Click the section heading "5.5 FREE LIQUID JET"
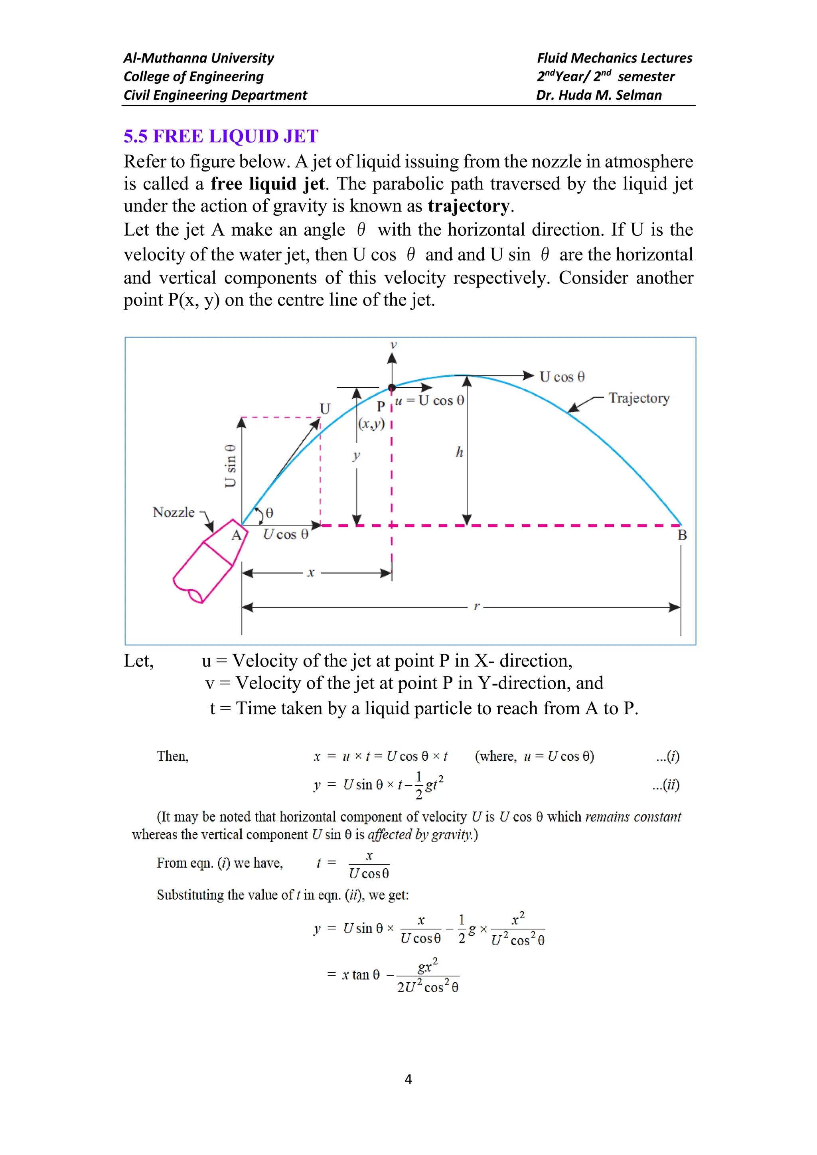(221, 136)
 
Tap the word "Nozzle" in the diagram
(174, 512)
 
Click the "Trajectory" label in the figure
(639, 398)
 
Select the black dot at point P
(392, 387)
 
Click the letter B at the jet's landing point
(682, 535)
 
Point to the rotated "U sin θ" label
(230, 466)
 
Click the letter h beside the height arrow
(459, 452)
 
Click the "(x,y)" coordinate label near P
(371, 424)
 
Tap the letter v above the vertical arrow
(393, 345)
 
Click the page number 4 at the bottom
(408, 1079)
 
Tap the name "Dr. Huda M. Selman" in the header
(599, 95)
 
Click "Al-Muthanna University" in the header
(199, 58)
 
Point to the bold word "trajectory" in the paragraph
(469, 206)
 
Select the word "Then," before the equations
(173, 756)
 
